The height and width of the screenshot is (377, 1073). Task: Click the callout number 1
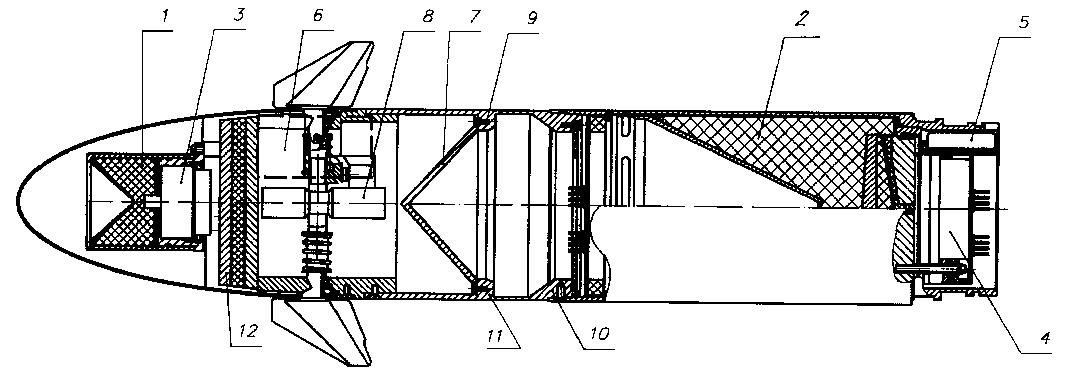click(x=165, y=17)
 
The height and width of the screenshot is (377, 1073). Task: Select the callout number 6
click(x=317, y=16)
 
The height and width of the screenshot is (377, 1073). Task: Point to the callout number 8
click(x=427, y=17)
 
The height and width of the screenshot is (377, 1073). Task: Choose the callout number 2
click(x=801, y=19)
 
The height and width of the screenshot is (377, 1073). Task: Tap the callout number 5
click(x=1023, y=22)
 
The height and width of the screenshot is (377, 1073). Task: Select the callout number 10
click(x=599, y=334)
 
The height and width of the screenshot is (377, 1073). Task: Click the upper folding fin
click(x=323, y=75)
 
